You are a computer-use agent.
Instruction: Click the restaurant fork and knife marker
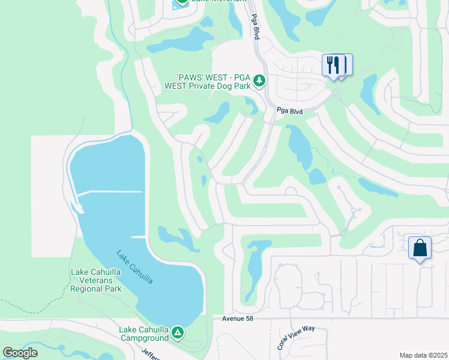click(334, 64)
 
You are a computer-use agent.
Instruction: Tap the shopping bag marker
click(420, 247)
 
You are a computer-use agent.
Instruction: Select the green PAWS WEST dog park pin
click(259, 80)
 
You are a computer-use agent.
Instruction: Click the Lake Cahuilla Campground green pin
click(177, 332)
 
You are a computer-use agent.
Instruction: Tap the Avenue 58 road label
click(238, 319)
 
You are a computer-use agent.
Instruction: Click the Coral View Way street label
click(295, 340)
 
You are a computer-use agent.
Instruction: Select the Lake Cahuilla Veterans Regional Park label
click(97, 280)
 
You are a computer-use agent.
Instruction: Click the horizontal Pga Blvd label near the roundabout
click(290, 111)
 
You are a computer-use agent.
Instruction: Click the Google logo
click(20, 353)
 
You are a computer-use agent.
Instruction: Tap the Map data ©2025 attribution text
click(423, 355)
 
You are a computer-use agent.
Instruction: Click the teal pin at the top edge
click(181, 3)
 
